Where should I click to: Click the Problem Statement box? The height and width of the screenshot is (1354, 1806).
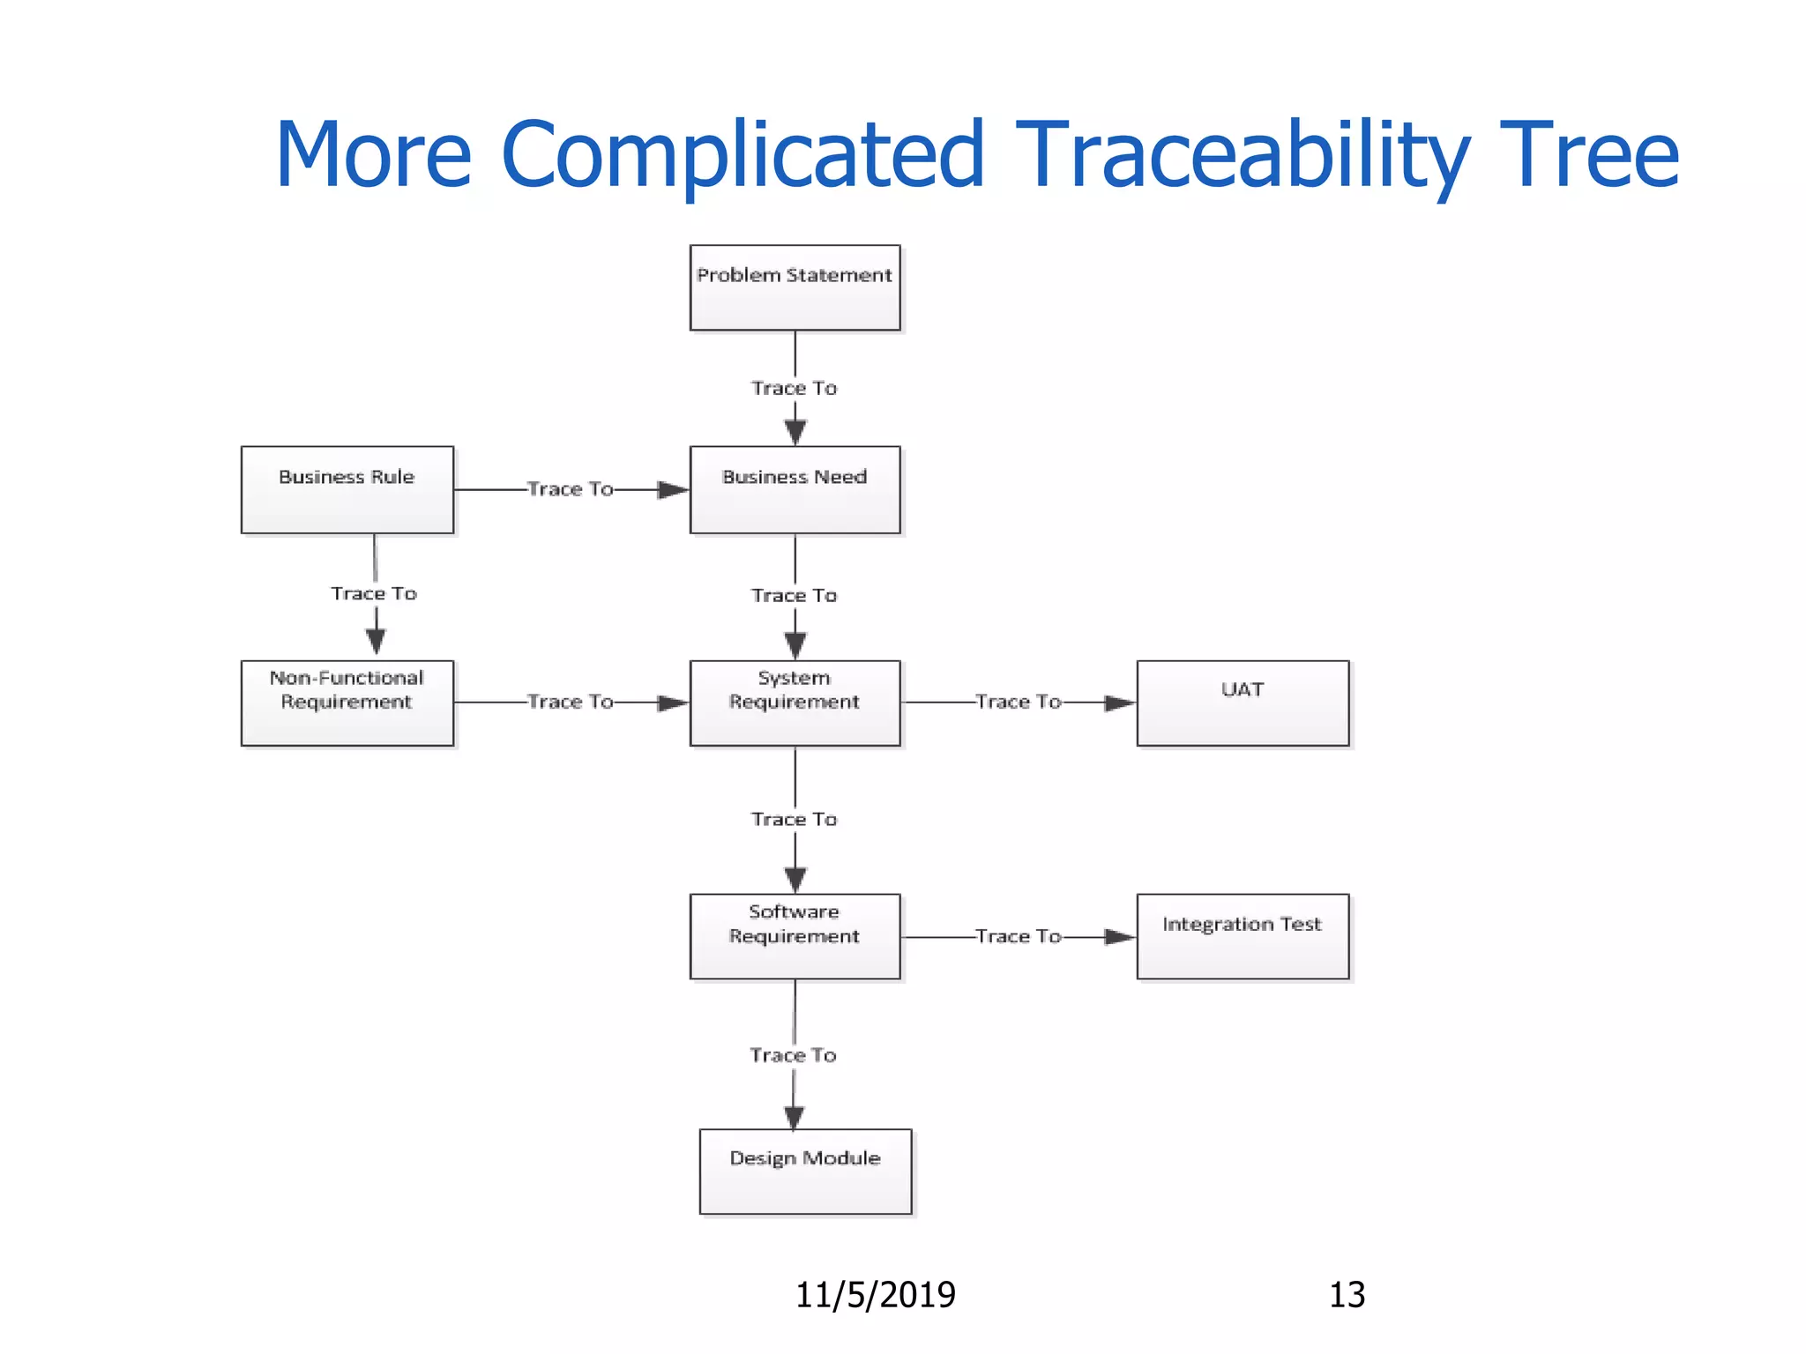pos(795,288)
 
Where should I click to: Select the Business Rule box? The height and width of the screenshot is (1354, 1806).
pos(347,489)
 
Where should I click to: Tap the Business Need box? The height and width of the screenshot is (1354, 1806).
pos(795,489)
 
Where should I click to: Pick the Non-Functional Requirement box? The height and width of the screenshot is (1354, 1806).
pos(347,703)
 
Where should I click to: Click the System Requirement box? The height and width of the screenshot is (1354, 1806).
pos(795,703)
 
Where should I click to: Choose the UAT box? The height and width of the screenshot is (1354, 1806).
pos(1243,703)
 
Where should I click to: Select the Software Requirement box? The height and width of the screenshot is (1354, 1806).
pos(795,936)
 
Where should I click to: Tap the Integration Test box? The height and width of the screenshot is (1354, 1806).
pos(1243,936)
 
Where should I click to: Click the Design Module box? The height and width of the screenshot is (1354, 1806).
pos(805,1171)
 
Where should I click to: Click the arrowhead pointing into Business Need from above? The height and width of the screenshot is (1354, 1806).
pos(795,433)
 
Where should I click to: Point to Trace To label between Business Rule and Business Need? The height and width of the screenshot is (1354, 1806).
pos(570,489)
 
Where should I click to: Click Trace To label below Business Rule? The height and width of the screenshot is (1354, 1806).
pos(374,594)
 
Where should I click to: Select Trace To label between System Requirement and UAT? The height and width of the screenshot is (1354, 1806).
pos(1018,703)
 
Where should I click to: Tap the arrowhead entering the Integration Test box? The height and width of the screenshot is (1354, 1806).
pos(1120,936)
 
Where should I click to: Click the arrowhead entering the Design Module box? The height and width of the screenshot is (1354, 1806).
pos(794,1118)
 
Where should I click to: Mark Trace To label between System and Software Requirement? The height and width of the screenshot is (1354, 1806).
pos(794,820)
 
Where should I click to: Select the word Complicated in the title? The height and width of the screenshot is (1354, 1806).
pos(742,155)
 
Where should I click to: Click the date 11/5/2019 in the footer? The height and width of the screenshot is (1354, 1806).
pos(875,1295)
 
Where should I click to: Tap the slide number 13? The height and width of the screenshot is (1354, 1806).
pos(1347,1295)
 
